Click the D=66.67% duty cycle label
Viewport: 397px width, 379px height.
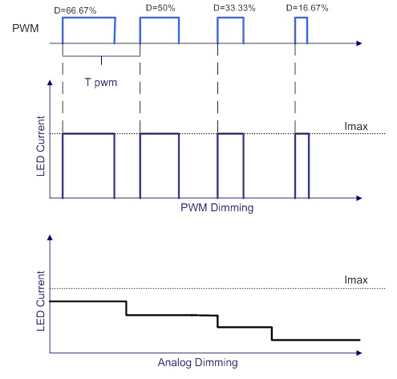(75, 10)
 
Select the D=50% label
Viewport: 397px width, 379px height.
(160, 8)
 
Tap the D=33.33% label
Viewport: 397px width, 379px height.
(234, 8)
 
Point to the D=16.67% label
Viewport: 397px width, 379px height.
(307, 8)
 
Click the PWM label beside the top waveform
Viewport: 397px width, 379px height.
(26, 28)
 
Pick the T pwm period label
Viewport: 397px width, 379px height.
(101, 82)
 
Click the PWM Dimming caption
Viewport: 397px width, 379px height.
(217, 207)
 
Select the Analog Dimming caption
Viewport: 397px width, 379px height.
(197, 362)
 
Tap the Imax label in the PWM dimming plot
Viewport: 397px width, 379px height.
(356, 126)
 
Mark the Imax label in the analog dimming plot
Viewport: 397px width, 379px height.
(356, 279)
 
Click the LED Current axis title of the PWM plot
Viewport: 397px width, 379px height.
(40, 146)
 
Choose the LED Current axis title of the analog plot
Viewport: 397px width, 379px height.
(40, 301)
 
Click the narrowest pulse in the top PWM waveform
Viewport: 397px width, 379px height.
(301, 18)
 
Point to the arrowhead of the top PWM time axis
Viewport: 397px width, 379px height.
(359, 43)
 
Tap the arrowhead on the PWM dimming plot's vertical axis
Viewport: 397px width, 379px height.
(50, 83)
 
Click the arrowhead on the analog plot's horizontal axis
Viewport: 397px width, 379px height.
(359, 353)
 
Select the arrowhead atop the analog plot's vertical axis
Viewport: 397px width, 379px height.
(50, 238)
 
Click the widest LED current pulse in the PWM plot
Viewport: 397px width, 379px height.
(88, 133)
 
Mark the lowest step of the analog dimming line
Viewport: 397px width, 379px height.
(316, 340)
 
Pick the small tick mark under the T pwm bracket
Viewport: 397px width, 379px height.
(101, 60)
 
